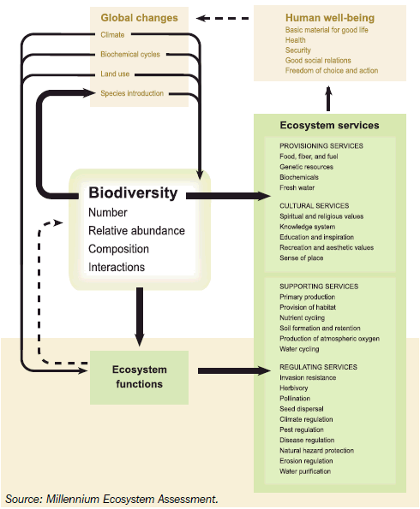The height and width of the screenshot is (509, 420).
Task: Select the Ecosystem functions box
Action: [139, 376]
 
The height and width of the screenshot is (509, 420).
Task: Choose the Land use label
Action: [114, 74]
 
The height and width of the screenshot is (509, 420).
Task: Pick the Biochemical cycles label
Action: [129, 55]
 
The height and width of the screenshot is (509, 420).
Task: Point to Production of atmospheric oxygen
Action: [331, 339]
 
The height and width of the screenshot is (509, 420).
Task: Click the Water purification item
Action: [305, 471]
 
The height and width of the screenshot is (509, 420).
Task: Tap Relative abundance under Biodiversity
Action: [136, 231]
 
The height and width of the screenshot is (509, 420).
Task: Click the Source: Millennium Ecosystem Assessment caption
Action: [111, 498]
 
